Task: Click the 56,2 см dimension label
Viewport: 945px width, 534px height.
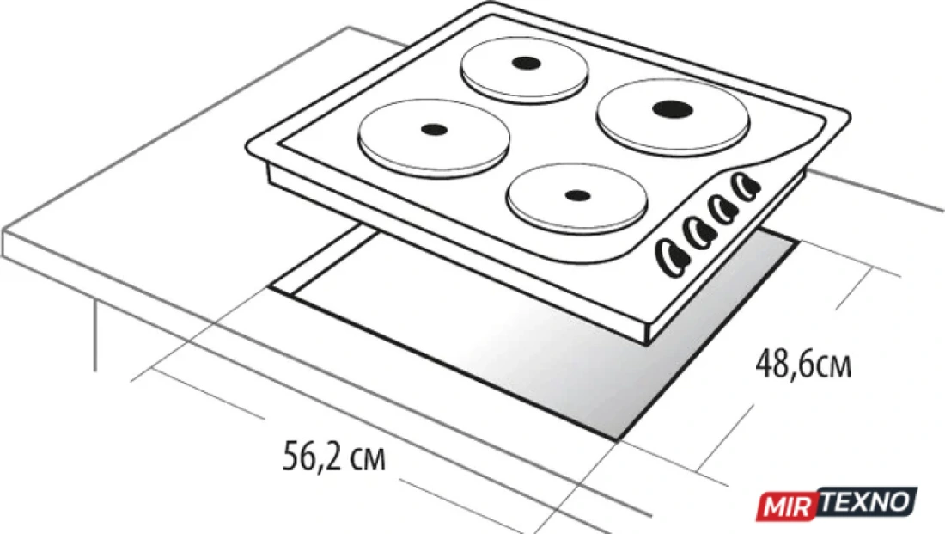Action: tap(334, 457)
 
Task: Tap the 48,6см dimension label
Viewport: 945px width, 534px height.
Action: tap(803, 363)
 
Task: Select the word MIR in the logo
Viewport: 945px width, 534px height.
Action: tap(787, 506)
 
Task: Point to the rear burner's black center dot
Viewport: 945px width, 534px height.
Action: tap(523, 62)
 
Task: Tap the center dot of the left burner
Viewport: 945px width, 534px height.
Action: tap(434, 128)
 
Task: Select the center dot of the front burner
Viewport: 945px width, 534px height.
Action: tap(577, 195)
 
